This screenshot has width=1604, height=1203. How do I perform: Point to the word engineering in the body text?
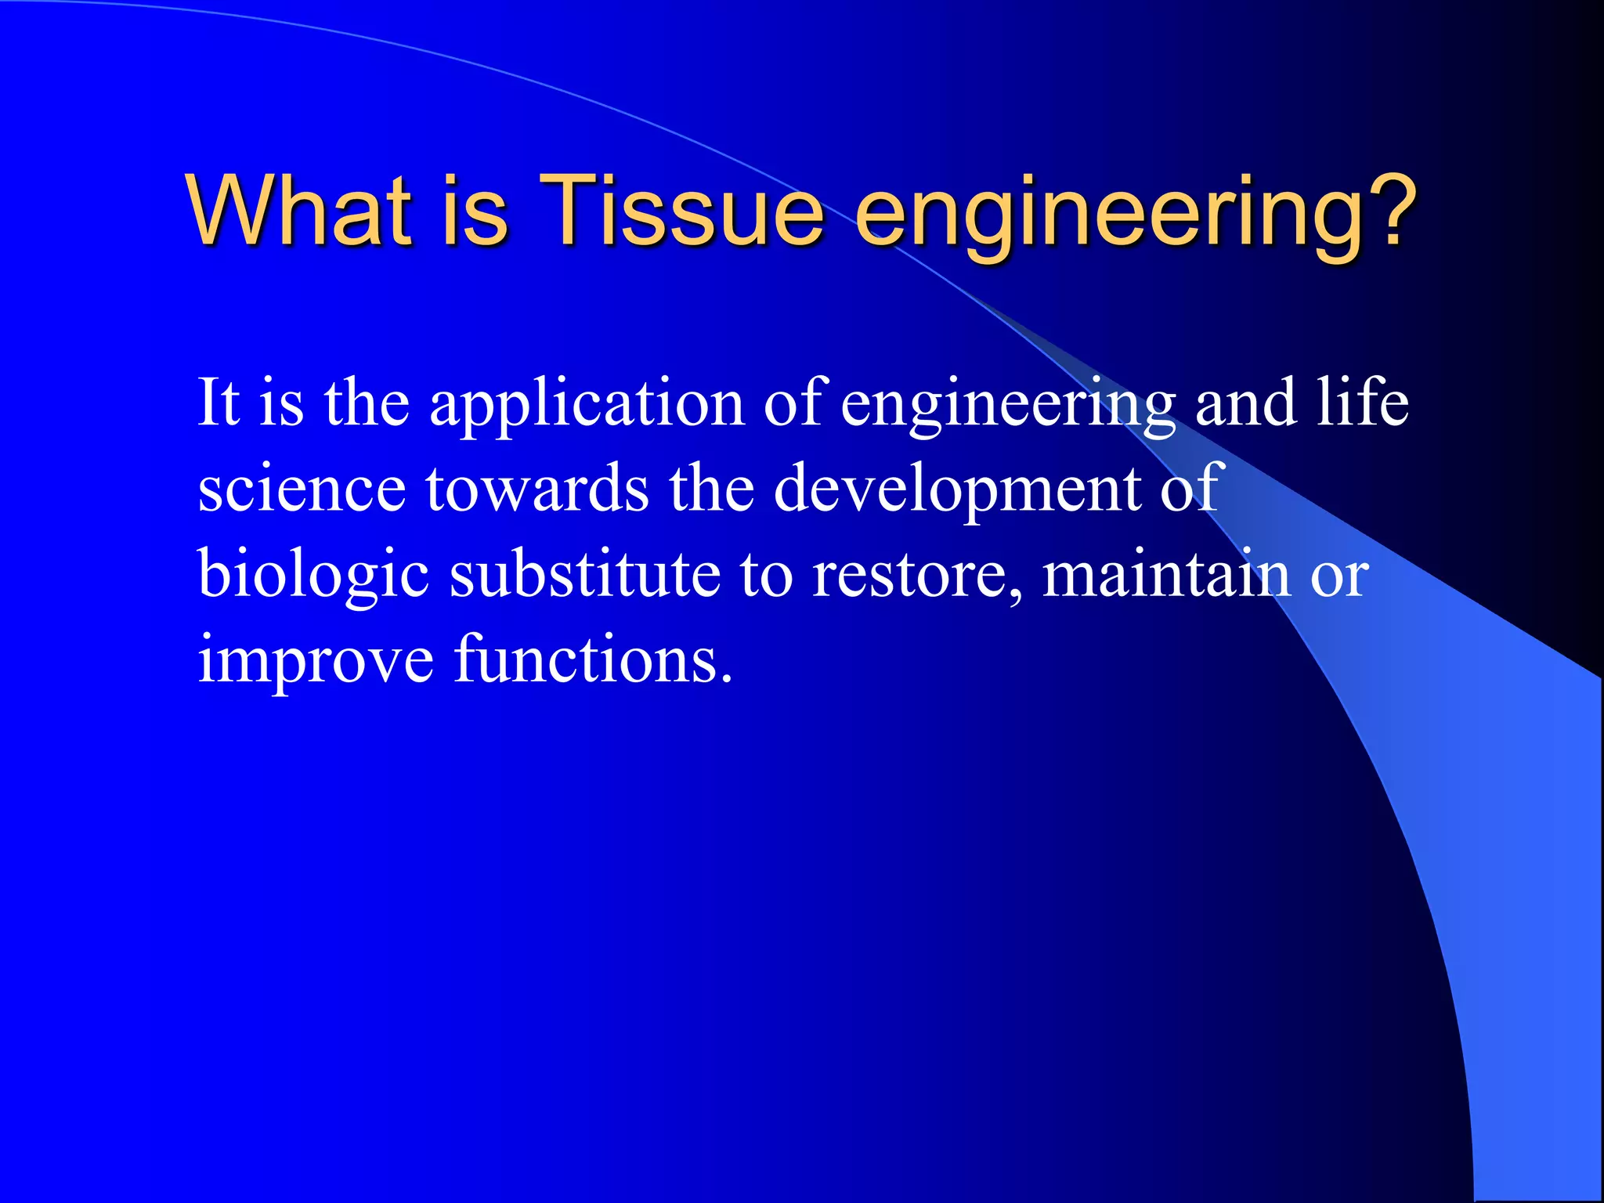pyautogui.click(x=1007, y=404)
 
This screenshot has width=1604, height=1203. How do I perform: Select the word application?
pyautogui.click(x=587, y=404)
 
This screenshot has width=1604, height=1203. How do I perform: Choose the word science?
pyautogui.click(x=302, y=489)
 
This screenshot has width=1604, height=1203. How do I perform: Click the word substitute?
pyautogui.click(x=584, y=574)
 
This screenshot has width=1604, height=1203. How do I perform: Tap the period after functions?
pyautogui.click(x=727, y=678)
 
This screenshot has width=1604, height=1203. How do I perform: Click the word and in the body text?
pyautogui.click(x=1245, y=403)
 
